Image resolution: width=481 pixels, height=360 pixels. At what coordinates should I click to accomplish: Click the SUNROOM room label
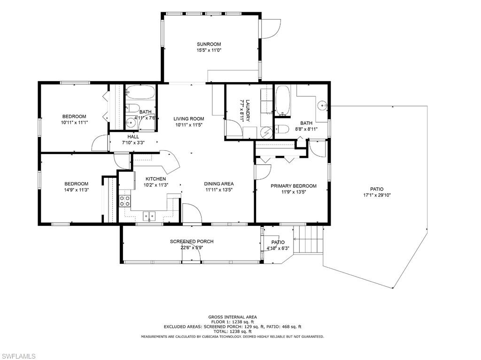pos(209,44)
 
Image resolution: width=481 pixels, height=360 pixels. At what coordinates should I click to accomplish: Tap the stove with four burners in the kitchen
pos(125,201)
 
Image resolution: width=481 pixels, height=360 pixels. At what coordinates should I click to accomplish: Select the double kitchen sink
pos(149,216)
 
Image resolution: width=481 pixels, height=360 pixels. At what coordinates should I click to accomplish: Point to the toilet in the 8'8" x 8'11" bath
pos(282,129)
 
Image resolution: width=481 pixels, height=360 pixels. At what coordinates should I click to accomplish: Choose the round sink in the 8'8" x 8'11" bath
pos(322,105)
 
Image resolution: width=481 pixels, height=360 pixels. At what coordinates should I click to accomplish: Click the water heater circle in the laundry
pos(266,132)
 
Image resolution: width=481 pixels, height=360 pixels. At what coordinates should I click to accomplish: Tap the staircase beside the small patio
pos(309,239)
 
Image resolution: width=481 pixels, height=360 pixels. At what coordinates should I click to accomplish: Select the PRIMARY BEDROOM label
pos(294,186)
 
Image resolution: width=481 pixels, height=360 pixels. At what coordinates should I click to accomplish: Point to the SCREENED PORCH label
pos(192,242)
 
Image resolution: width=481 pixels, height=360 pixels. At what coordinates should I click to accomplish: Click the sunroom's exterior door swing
pos(271,29)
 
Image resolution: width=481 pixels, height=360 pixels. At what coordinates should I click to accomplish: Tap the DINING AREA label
pos(219,184)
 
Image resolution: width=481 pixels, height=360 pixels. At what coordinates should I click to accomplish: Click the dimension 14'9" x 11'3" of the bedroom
pos(76,190)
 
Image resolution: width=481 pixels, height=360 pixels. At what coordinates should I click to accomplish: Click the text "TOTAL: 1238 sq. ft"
pos(233,331)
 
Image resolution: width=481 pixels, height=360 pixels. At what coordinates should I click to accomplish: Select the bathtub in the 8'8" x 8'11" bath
pos(282,100)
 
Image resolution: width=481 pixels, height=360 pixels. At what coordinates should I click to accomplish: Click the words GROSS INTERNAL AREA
pos(233,317)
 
